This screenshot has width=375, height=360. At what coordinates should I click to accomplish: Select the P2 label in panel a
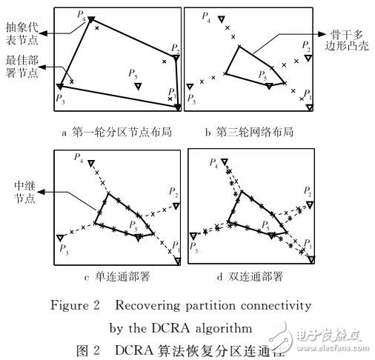[173, 48]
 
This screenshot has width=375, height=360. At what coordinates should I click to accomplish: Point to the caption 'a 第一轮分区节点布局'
[116, 133]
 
